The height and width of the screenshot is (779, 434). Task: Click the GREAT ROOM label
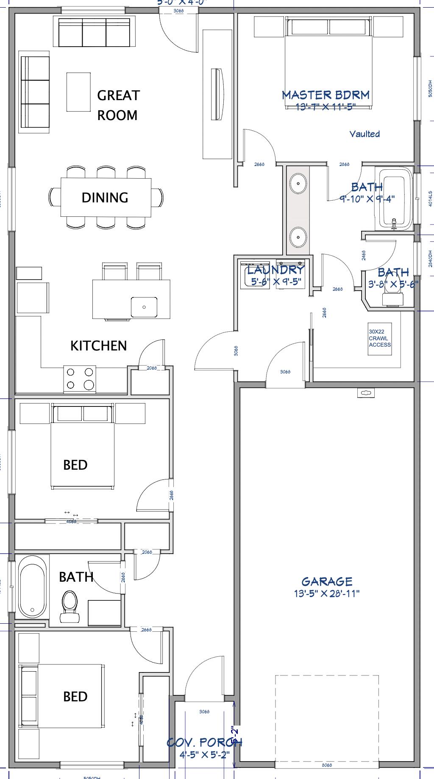(118, 105)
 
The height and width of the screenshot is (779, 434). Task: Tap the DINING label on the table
(105, 197)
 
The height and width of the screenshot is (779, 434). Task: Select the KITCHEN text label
(98, 345)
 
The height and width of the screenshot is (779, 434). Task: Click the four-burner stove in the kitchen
(80, 378)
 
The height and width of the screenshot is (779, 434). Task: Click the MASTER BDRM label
(325, 95)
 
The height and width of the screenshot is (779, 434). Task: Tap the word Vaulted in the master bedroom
(364, 134)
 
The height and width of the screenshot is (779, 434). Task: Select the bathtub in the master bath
(395, 199)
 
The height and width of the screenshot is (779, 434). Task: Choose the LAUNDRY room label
(275, 270)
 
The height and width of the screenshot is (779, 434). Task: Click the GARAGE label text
(327, 581)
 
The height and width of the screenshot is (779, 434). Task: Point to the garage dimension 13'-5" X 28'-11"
(327, 593)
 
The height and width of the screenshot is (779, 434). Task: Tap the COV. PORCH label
(204, 742)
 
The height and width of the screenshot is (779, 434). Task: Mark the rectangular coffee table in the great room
(78, 92)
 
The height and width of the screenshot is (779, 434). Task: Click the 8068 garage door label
(326, 765)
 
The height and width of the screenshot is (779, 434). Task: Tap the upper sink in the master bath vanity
(298, 183)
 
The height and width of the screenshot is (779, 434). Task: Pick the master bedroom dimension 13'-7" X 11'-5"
(325, 107)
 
